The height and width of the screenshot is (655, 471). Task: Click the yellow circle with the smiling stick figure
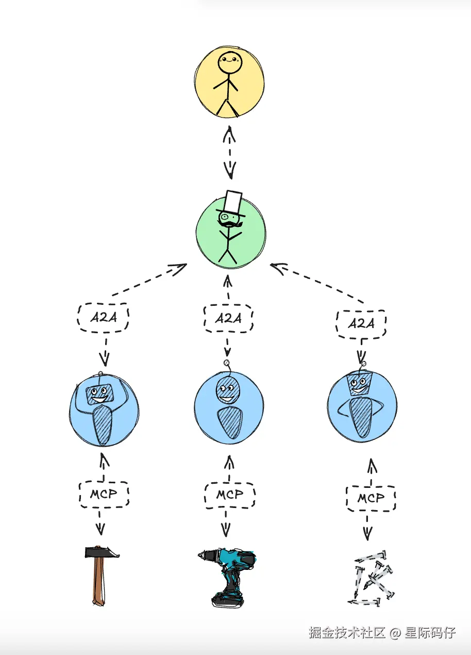pyautogui.click(x=229, y=83)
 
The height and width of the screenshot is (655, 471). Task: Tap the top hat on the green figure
pyautogui.click(x=232, y=203)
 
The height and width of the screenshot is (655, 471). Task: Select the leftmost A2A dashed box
pyautogui.click(x=103, y=318)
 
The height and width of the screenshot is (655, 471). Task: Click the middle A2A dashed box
pyautogui.click(x=228, y=318)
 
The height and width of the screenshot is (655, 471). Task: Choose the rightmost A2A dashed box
pyautogui.click(x=361, y=323)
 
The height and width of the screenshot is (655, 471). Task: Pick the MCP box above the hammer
pyautogui.click(x=104, y=494)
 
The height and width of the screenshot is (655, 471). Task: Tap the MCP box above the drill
pyautogui.click(x=230, y=495)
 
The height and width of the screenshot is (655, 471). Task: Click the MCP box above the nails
pyautogui.click(x=371, y=498)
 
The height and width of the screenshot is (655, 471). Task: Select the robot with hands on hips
pyautogui.click(x=362, y=405)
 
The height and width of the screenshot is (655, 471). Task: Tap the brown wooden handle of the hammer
pyautogui.click(x=98, y=583)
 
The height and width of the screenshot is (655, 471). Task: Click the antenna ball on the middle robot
pyautogui.click(x=226, y=364)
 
